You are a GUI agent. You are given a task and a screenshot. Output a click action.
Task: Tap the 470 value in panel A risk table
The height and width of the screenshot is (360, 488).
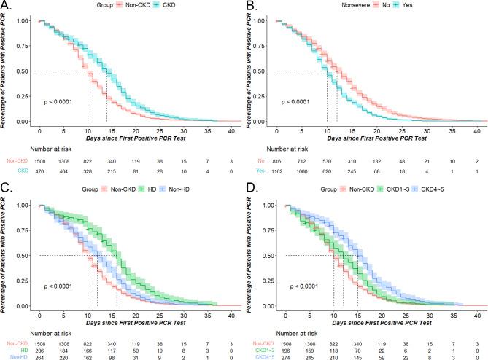point(39,170)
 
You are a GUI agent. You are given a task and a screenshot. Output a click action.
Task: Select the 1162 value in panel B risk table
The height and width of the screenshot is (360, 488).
point(284,170)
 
